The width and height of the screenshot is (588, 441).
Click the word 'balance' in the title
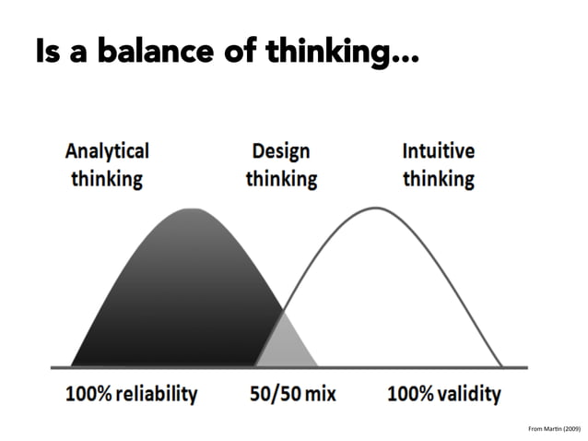(x=147, y=52)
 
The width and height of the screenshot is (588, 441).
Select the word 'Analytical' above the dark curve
(x=107, y=150)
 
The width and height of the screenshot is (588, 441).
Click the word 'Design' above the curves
(x=280, y=150)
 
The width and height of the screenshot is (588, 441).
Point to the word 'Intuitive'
(x=439, y=150)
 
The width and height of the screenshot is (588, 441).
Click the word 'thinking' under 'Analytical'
(x=107, y=177)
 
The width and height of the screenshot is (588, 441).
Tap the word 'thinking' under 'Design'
(x=280, y=177)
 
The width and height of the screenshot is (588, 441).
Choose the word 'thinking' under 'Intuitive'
(x=439, y=177)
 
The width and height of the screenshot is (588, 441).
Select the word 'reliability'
(x=158, y=394)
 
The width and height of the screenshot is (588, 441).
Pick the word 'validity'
(x=471, y=394)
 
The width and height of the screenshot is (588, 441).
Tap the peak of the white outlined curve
(x=376, y=208)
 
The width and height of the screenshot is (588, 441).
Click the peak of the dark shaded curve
(x=191, y=209)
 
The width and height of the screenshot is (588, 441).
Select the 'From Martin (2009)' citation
(x=554, y=429)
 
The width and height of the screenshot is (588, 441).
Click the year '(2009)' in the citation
(x=570, y=429)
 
